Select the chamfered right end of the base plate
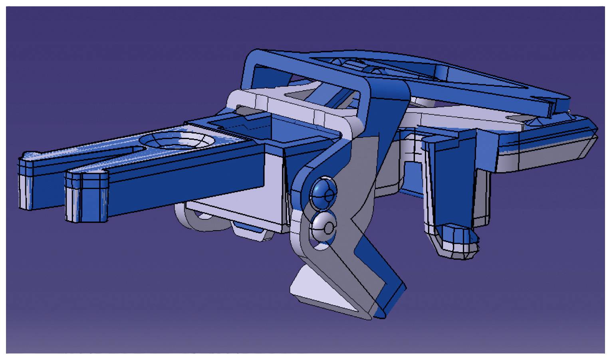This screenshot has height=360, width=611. [587, 144]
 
